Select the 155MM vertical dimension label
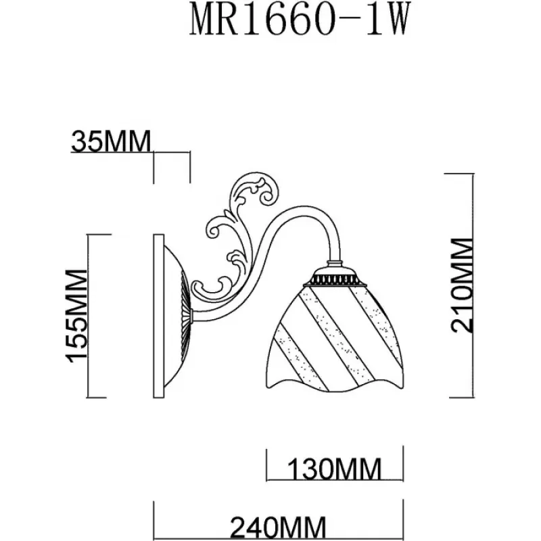point(78,316)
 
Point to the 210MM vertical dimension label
point(463,284)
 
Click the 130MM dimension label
point(335,468)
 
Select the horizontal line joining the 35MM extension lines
point(172,153)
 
